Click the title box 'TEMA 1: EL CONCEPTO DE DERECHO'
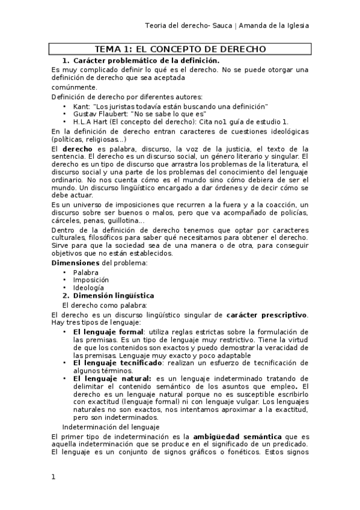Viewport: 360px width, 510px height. tap(180, 49)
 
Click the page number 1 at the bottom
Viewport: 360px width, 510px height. tap(53, 477)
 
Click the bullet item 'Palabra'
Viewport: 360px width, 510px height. tap(86, 272)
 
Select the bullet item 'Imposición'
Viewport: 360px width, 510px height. tap(91, 280)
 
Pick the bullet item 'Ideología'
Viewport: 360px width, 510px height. tap(88, 287)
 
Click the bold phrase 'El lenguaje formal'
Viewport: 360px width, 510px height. tap(108, 331)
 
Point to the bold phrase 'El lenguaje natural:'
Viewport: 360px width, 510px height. tap(112, 378)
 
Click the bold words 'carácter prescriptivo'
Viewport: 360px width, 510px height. tap(267, 315)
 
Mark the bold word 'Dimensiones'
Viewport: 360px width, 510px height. tap(75, 263)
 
